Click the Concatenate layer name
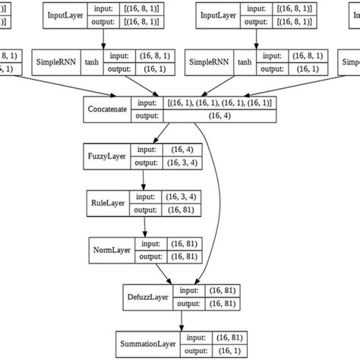coord(107,109)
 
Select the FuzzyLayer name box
coord(106,156)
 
